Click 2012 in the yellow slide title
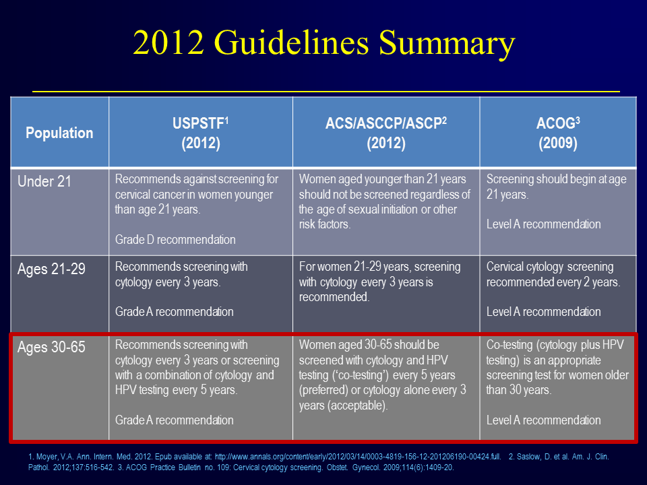point(168,42)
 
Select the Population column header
point(59,133)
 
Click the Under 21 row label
point(44,181)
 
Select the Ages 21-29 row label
point(51,269)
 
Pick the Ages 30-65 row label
point(51,347)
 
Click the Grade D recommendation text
point(175,240)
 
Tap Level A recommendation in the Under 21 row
point(543,224)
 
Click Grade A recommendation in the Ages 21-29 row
point(174,312)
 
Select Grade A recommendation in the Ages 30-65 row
point(174,420)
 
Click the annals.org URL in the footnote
point(358,457)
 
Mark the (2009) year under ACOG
point(558,143)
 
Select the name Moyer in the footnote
point(47,457)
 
